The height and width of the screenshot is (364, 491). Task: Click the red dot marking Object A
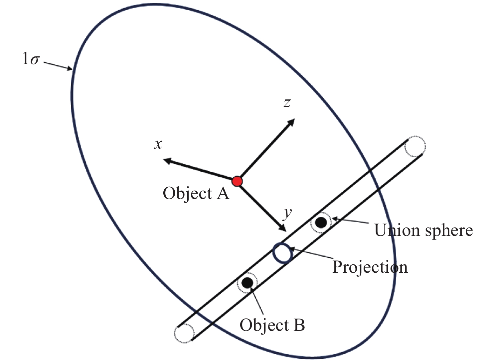pos(237,181)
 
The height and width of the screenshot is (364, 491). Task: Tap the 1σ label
pos(31,59)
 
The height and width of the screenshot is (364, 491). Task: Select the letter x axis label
pos(158,144)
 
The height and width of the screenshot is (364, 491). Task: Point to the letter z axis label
pos(287,103)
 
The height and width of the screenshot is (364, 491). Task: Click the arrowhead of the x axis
pos(167,161)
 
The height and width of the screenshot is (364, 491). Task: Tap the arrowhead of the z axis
pos(292,122)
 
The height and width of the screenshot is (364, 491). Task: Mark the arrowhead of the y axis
pos(283,228)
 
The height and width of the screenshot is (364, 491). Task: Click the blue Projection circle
pos(283,253)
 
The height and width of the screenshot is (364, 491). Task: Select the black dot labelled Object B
pos(247,283)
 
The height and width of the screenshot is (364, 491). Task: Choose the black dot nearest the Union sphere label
pos(321,223)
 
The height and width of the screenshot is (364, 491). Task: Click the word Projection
pos(370,267)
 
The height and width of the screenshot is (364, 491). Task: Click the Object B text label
pos(272,325)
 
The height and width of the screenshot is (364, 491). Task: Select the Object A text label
pos(196,193)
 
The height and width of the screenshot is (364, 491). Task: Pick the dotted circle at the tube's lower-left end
pos(184,333)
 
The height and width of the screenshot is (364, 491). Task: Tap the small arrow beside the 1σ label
pos(58,66)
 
